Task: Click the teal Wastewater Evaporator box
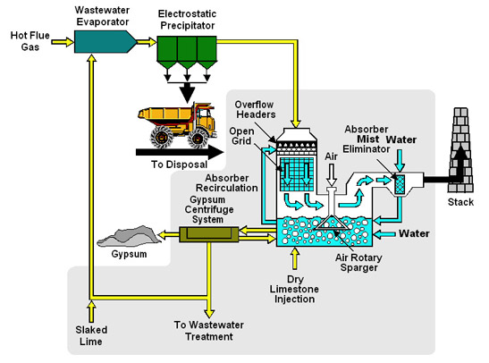click(105, 41)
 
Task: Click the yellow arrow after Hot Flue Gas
click(63, 42)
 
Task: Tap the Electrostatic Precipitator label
click(187, 20)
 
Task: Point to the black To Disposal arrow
click(180, 152)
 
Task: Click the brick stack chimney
click(460, 149)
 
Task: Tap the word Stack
click(460, 202)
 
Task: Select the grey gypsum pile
click(129, 236)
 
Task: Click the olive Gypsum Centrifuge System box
click(209, 234)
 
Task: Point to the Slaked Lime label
click(91, 335)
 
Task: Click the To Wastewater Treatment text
click(209, 331)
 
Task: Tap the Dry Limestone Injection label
click(294, 289)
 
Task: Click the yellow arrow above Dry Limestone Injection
click(294, 258)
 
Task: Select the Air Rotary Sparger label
click(358, 263)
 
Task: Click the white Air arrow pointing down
click(331, 175)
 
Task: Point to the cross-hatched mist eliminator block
click(400, 184)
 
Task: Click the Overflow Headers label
click(256, 109)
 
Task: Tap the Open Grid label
click(241, 136)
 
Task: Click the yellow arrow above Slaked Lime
click(91, 311)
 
